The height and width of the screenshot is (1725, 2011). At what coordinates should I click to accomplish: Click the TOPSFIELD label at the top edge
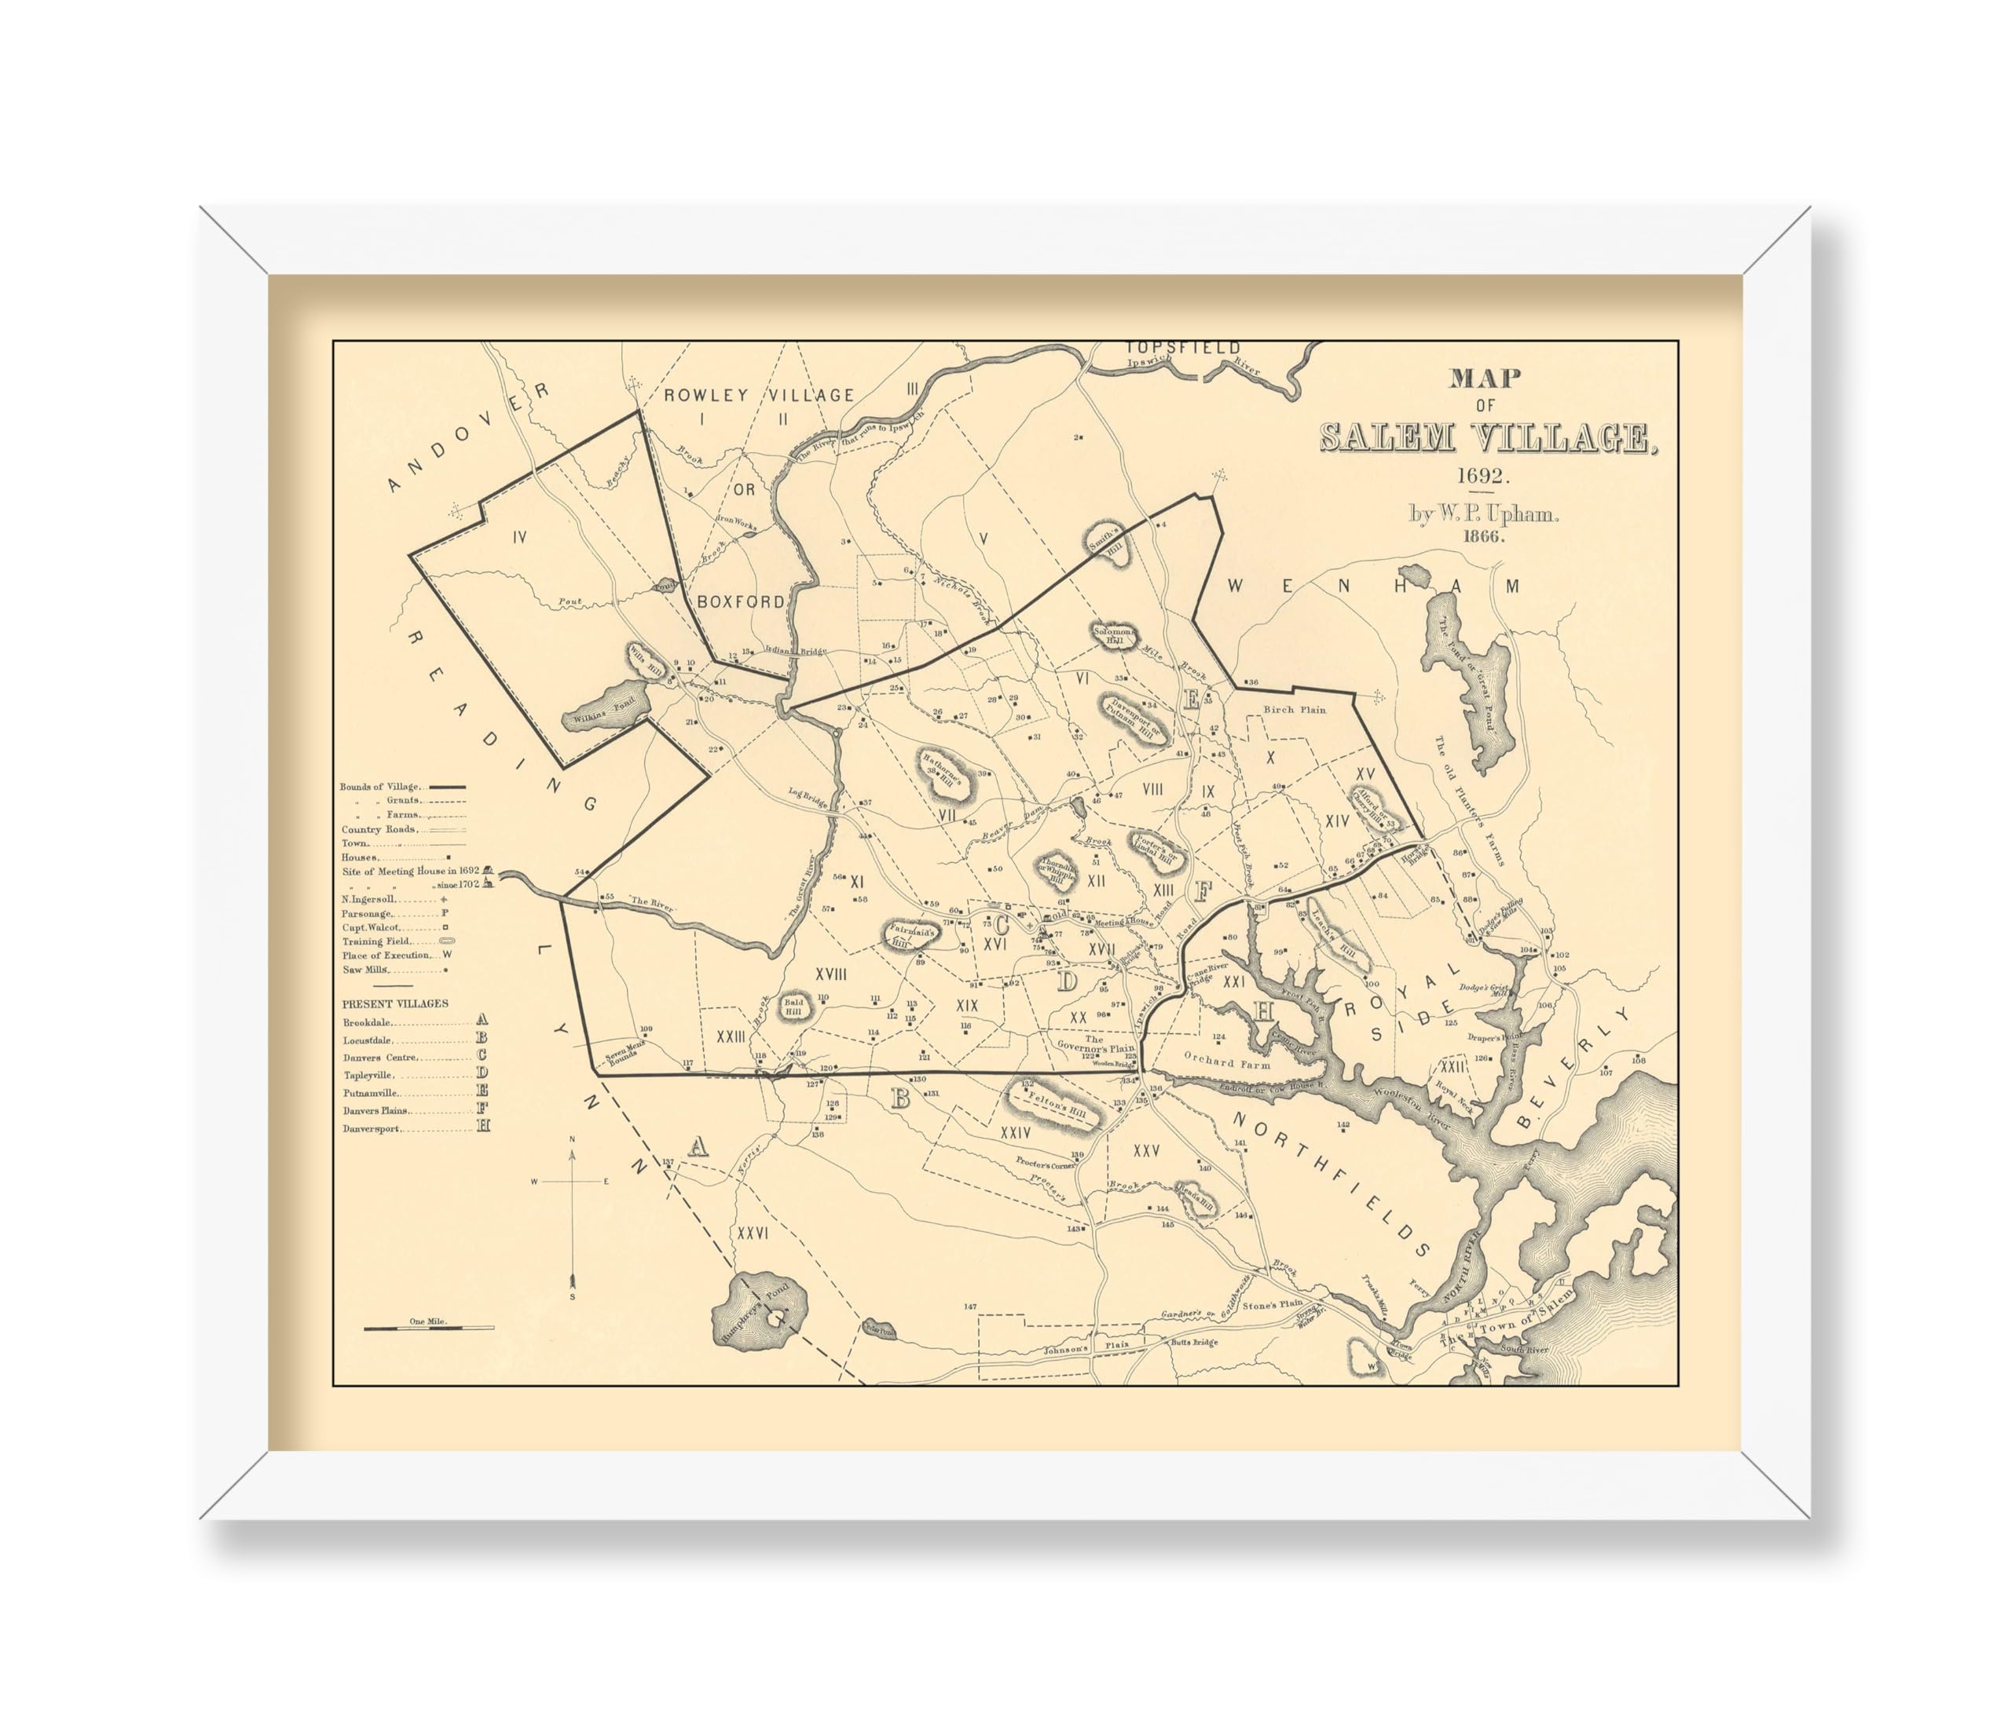coord(1182,347)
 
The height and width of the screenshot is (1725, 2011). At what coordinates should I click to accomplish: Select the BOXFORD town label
coord(741,601)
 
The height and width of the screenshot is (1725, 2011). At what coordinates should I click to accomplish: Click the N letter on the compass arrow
coord(572,1139)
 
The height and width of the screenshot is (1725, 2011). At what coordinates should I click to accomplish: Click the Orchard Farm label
coord(1227,1063)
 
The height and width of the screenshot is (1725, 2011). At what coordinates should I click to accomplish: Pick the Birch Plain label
coord(1294,709)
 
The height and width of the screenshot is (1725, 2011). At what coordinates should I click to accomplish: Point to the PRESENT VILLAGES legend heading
coord(395,1003)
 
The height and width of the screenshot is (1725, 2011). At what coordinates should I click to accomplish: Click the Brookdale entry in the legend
coord(368,1022)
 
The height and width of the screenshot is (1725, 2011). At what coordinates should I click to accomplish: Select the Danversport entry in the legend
coord(371,1128)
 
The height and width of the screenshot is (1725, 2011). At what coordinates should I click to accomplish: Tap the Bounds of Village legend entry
coord(379,787)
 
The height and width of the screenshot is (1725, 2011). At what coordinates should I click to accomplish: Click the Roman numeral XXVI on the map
coord(753,1234)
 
